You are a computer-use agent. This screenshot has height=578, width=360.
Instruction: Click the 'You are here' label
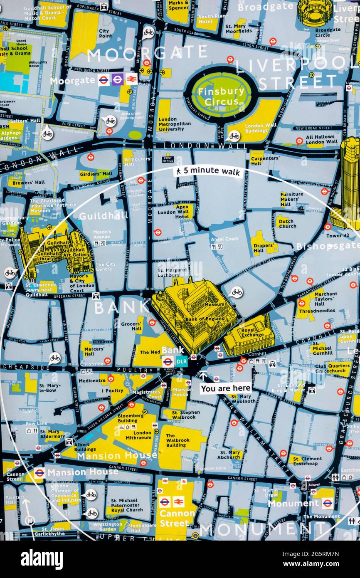point(226,388)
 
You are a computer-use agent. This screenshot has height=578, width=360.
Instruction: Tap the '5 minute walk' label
point(208,171)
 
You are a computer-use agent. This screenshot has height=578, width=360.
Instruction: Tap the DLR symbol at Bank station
point(182,361)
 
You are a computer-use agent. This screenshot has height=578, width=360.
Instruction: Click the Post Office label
point(168,159)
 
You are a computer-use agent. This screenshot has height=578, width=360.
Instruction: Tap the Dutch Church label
point(287,223)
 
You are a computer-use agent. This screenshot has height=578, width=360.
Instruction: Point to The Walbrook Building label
point(176,440)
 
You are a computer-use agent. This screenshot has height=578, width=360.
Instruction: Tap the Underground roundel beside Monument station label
point(327,503)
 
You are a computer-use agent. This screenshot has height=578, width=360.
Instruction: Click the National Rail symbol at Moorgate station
point(131,79)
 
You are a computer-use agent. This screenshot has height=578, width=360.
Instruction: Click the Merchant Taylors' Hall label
point(325,298)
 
